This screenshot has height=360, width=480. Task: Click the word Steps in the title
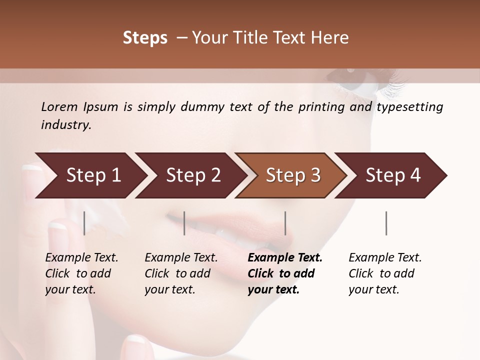tap(145, 38)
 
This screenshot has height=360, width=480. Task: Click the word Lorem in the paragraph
tap(59, 107)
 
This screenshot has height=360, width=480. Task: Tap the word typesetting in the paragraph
tap(409, 107)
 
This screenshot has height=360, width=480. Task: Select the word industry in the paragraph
tap(65, 125)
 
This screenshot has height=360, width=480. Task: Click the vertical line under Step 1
tap(84, 223)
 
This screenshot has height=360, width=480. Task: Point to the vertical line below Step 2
tap(184, 223)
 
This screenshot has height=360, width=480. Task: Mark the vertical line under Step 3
tap(285, 223)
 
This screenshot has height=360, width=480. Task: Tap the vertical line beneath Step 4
tap(386, 223)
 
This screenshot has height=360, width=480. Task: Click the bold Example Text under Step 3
tap(285, 258)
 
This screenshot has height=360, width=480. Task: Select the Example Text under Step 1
tap(81, 258)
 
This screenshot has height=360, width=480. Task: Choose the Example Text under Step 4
tap(385, 258)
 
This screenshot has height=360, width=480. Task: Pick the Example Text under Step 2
tap(181, 258)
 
